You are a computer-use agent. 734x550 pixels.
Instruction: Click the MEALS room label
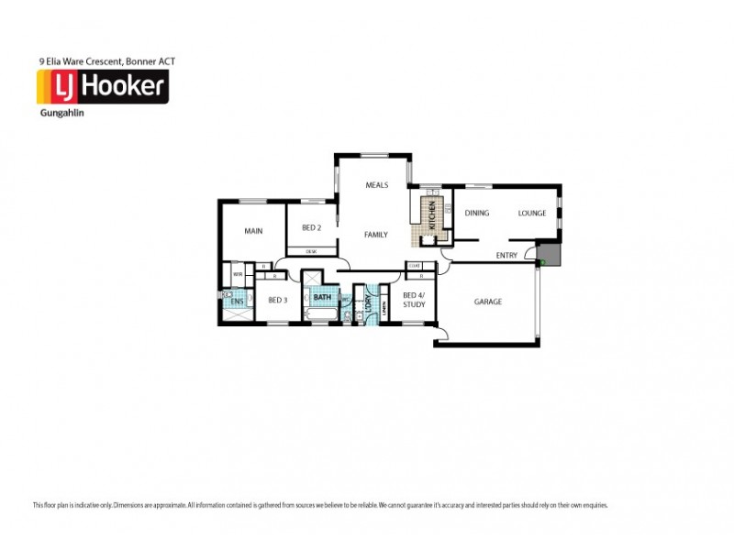pyautogui.click(x=377, y=185)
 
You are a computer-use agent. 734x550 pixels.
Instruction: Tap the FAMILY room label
pyautogui.click(x=376, y=235)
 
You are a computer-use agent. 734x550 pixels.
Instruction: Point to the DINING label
pyautogui.click(x=477, y=214)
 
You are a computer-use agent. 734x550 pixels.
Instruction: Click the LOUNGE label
pyautogui.click(x=532, y=214)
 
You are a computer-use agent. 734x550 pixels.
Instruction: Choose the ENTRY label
pyautogui.click(x=506, y=256)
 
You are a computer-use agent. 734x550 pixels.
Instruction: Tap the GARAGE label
pyautogui.click(x=487, y=302)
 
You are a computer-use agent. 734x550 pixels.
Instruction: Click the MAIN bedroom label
pyautogui.click(x=253, y=231)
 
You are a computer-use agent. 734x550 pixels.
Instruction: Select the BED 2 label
pyautogui.click(x=311, y=227)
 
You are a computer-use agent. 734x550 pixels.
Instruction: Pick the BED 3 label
pyautogui.click(x=278, y=300)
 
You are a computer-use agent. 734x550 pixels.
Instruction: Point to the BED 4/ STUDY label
pyautogui.click(x=414, y=299)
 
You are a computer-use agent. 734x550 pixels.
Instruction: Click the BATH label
pyautogui.click(x=322, y=297)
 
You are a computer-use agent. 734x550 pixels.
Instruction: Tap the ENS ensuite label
pyautogui.click(x=237, y=302)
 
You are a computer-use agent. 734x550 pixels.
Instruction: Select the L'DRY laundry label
pyautogui.click(x=368, y=304)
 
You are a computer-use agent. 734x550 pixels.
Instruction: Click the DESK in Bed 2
pyautogui.click(x=311, y=251)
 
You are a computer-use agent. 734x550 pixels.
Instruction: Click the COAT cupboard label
pyautogui.click(x=414, y=266)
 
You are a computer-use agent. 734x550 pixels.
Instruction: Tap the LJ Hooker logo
pyautogui.click(x=102, y=88)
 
